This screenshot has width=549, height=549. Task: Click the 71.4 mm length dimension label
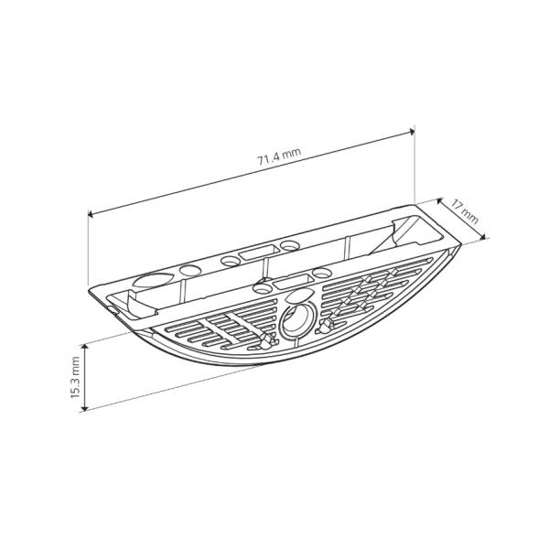click(279, 156)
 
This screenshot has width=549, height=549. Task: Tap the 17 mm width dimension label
click(464, 211)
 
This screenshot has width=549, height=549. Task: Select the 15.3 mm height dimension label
click(75, 377)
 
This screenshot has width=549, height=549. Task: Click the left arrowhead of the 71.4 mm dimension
click(91, 214)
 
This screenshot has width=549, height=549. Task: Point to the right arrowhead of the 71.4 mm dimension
click(412, 132)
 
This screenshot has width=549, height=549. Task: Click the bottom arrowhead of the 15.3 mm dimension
click(84, 407)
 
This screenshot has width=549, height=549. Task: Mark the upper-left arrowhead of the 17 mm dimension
click(439, 201)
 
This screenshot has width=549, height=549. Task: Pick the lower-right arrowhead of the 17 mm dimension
click(483, 237)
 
